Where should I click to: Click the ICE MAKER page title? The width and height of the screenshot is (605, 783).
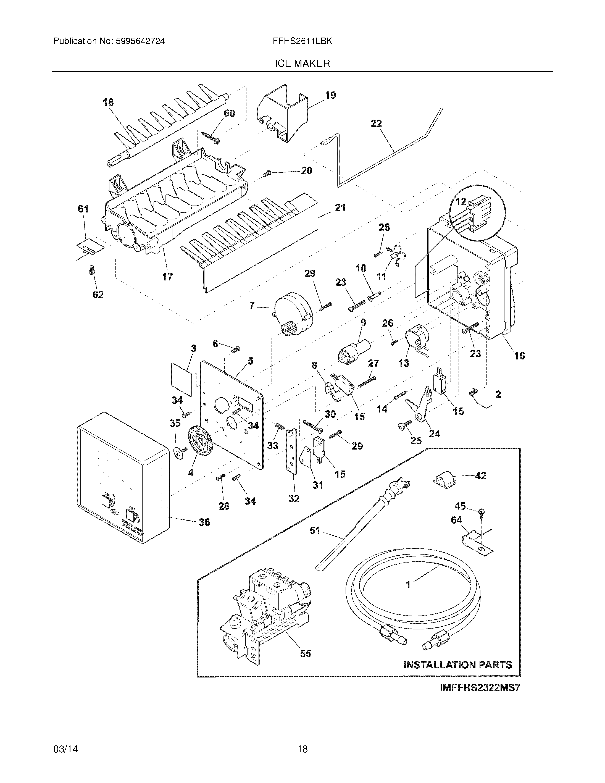(x=302, y=64)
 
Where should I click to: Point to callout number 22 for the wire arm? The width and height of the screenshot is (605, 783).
(x=376, y=124)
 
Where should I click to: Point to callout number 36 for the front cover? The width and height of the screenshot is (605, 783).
(x=204, y=522)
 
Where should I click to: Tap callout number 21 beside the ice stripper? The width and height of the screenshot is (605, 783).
(x=340, y=207)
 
